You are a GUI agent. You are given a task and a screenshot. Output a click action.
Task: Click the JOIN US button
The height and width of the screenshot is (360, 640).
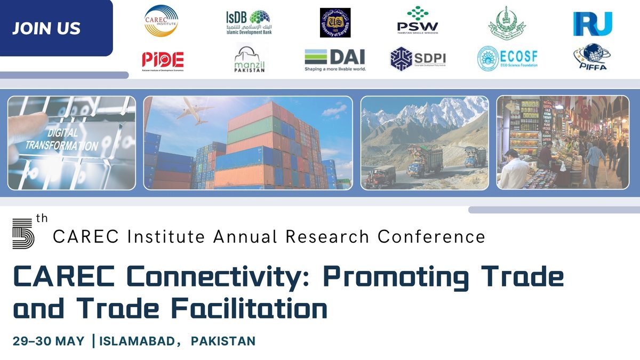point(47,28)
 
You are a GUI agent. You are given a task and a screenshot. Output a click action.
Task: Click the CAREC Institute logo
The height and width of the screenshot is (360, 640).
point(161,21)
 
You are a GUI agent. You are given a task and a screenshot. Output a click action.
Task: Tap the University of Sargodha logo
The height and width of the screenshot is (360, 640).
point(335,23)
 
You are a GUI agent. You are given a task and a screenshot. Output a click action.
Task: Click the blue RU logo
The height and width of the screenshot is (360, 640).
point(592,23)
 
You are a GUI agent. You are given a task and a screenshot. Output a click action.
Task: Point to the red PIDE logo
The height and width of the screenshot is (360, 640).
point(163,60)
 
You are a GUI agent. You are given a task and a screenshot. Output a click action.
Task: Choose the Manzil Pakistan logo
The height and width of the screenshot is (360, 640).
point(249,59)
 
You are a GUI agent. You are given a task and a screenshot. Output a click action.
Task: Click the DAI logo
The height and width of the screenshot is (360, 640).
point(335,59)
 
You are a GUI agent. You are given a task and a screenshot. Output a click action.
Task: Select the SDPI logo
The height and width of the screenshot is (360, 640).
point(418,59)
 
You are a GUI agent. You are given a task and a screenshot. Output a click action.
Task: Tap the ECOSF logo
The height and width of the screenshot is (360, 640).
point(507,59)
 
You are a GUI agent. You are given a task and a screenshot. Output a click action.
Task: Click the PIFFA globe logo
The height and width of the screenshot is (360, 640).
point(592,58)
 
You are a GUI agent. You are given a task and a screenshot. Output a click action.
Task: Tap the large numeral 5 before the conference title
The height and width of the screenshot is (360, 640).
point(23,233)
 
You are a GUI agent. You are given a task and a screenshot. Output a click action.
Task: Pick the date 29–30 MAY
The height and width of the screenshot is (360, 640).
point(49,341)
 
